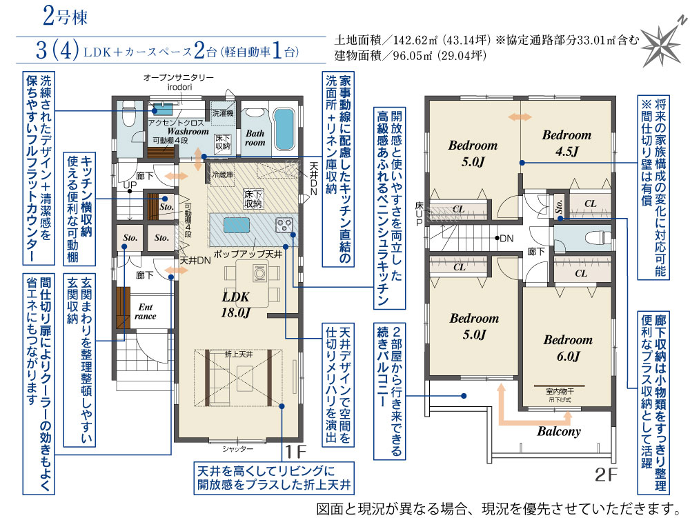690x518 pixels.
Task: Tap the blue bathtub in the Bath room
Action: pyautogui.click(x=284, y=129)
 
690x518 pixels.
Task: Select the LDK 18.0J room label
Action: pyautogui.click(x=236, y=304)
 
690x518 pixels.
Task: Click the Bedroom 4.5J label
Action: pyautogui.click(x=566, y=143)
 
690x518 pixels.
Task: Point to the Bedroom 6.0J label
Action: pyautogui.click(x=568, y=348)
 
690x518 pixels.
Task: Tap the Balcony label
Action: pyautogui.click(x=559, y=431)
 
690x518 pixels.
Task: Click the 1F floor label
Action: pyautogui.click(x=295, y=452)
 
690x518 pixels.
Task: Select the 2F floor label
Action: pyautogui.click(x=606, y=475)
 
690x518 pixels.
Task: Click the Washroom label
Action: pyautogui.click(x=188, y=131)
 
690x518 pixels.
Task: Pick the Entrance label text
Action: pyautogui.click(x=145, y=311)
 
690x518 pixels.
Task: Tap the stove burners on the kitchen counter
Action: pyautogui.click(x=284, y=225)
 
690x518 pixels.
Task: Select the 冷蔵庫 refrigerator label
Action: pyautogui.click(x=223, y=175)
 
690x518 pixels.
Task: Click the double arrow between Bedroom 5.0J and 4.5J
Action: pyautogui.click(x=520, y=117)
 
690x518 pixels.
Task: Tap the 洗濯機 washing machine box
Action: pyautogui.click(x=223, y=113)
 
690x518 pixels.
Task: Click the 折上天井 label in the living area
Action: pyautogui.click(x=239, y=355)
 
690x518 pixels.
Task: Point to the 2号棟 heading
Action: pyautogui.click(x=65, y=17)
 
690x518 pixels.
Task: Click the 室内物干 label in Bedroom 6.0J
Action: pyautogui.click(x=560, y=391)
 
